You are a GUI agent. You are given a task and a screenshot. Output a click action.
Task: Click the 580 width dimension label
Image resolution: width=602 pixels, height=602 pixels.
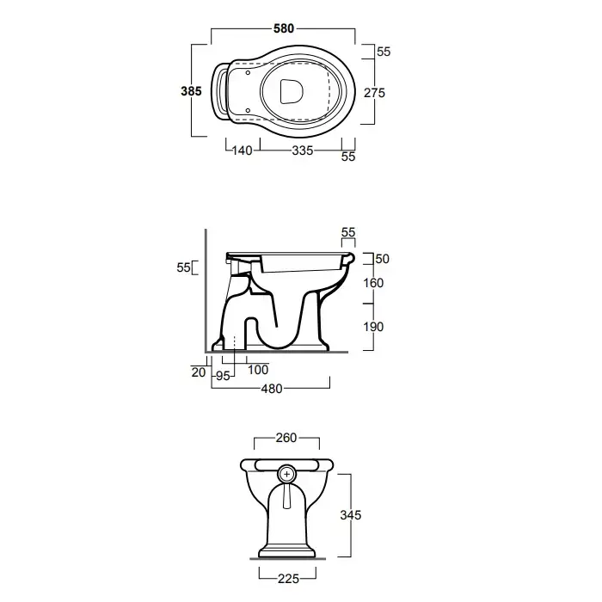point(284,28)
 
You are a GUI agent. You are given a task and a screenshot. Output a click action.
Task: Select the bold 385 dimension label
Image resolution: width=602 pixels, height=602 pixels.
point(191,91)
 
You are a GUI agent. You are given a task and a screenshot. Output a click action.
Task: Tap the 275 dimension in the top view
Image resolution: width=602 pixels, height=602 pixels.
point(374,93)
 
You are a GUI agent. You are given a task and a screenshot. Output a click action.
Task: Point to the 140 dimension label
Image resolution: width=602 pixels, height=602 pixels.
point(243,150)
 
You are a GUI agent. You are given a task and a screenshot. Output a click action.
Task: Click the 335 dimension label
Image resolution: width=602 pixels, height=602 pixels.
point(303,150)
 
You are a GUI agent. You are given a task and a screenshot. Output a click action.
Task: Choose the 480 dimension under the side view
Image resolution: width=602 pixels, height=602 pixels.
point(272,389)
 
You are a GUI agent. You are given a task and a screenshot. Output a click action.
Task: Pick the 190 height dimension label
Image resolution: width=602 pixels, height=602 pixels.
point(373,327)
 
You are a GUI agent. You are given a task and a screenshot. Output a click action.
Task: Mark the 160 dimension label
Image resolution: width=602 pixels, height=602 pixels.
point(373,283)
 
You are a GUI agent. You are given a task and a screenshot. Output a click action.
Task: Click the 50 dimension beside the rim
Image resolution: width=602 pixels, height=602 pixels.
point(383,259)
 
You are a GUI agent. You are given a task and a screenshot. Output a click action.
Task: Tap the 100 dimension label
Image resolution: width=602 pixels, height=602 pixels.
point(258,370)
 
